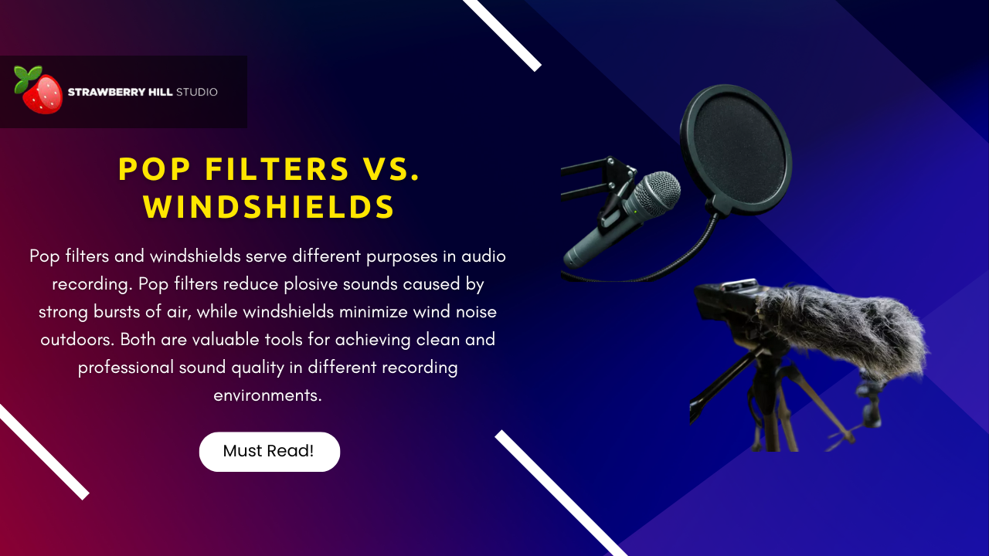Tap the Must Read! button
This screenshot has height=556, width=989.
pyautogui.click(x=269, y=451)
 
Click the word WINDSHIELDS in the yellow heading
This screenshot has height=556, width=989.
pyautogui.click(x=269, y=207)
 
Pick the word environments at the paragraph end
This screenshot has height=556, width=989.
pyautogui.click(x=267, y=395)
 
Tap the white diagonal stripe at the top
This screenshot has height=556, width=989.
pyautogui.click(x=502, y=34)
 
